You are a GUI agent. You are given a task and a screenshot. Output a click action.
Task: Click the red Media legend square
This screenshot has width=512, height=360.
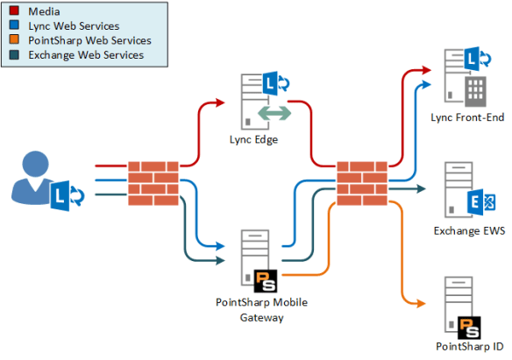(15, 12)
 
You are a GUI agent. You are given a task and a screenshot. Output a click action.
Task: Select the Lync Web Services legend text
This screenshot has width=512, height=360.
(75, 26)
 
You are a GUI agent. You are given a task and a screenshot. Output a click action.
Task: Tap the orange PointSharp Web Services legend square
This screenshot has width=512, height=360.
(15, 40)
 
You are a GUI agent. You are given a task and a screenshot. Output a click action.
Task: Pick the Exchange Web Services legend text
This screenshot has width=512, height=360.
(85, 55)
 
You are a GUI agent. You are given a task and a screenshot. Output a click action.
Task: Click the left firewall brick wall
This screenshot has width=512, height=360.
(153, 182)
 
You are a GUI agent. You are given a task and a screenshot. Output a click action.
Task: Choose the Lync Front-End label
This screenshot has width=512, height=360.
(467, 117)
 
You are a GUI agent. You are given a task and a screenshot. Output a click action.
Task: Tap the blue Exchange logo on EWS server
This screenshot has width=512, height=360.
(480, 202)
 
